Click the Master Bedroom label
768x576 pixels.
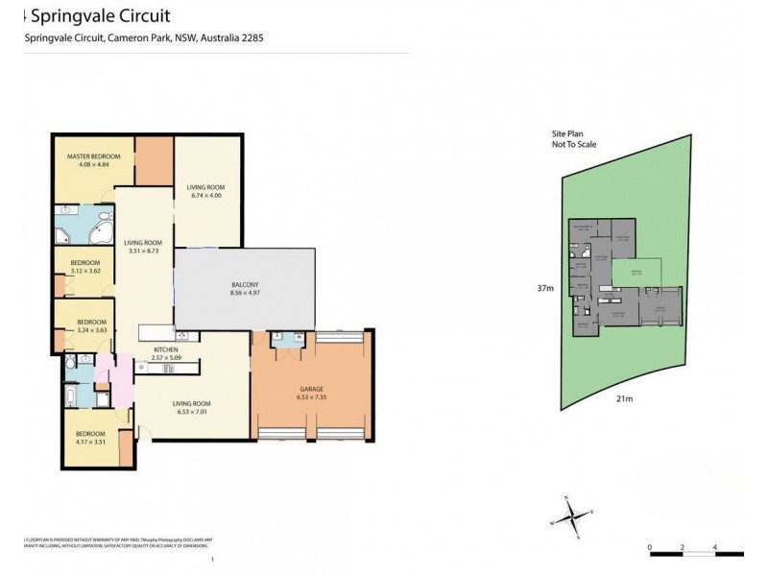(93, 156)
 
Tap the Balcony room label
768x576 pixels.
(245, 285)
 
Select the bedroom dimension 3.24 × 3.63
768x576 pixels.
(92, 331)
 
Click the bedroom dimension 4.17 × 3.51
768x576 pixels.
(91, 444)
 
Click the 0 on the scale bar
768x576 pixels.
(650, 548)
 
